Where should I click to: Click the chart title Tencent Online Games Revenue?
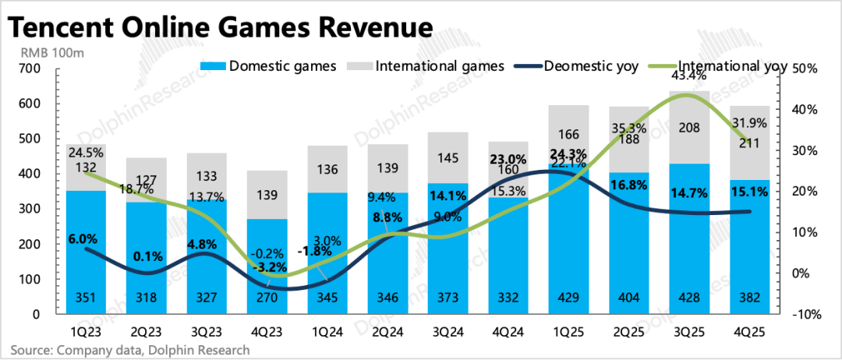pos(220,27)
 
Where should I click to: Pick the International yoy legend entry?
pos(734,65)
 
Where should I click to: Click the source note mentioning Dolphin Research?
pos(130,349)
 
